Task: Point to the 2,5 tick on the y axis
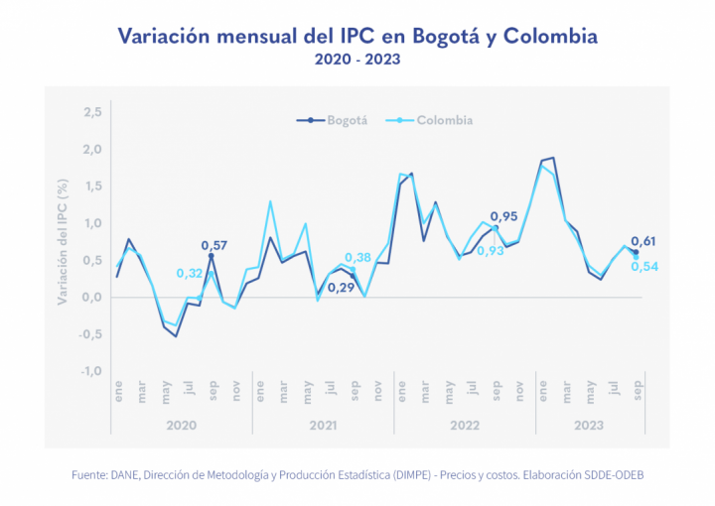[x=92, y=112]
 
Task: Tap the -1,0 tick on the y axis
[x=90, y=371]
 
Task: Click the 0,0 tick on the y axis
[x=92, y=297]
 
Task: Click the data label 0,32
[x=190, y=273]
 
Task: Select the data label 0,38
[x=358, y=257]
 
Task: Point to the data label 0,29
[x=341, y=288]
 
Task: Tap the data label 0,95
[x=503, y=216]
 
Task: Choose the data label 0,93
[x=491, y=251]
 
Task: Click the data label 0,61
[x=643, y=241]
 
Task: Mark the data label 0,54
[x=644, y=266]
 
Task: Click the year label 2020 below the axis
[x=182, y=425]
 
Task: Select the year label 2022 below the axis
[x=466, y=425]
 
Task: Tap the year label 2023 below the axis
[x=590, y=425]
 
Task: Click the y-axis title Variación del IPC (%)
[x=63, y=241]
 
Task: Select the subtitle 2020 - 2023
[x=357, y=61]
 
